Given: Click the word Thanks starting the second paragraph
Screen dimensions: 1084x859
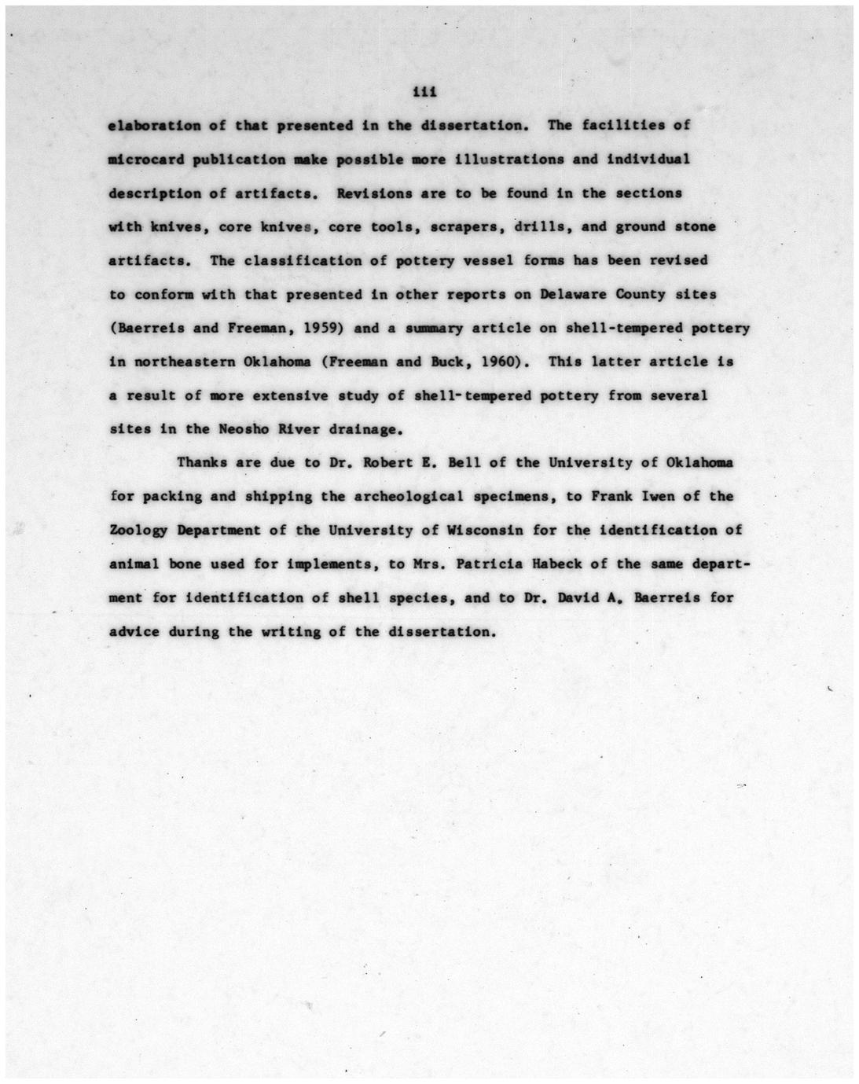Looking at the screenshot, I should [202, 463].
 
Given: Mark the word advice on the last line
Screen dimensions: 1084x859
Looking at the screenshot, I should [134, 632].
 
